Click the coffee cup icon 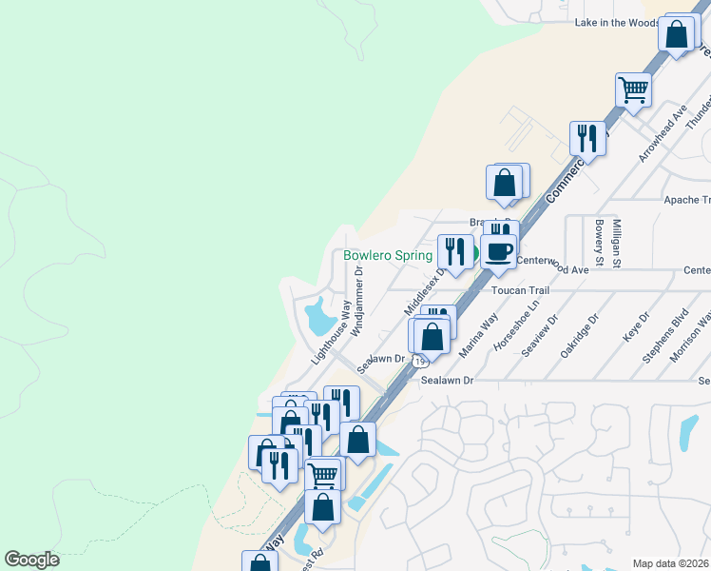(x=499, y=252)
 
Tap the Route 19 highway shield (x=420, y=361)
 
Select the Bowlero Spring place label (x=388, y=256)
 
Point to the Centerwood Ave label (x=553, y=269)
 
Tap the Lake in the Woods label (x=617, y=23)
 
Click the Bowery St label (x=599, y=243)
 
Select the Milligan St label (x=618, y=243)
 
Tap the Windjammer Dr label (x=358, y=301)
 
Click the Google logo (x=31, y=560)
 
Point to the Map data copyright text (x=671, y=563)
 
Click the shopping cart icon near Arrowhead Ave (x=633, y=90)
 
